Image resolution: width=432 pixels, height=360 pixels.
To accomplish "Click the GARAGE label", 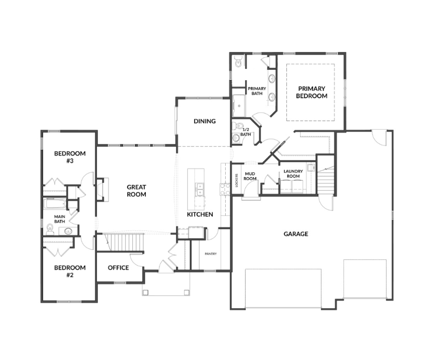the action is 296,234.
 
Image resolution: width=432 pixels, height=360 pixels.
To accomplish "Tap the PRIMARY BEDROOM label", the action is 311,92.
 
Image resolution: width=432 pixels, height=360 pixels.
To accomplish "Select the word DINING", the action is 204,121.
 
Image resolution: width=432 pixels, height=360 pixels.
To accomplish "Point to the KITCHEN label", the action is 200,214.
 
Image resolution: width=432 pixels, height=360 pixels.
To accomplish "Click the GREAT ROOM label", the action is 137,191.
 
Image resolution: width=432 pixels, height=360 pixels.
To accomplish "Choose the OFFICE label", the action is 118,268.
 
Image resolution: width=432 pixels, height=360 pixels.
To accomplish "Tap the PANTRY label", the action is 211,254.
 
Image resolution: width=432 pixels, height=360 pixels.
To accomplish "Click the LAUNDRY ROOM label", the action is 293,174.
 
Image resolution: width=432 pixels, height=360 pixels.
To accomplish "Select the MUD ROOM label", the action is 250,176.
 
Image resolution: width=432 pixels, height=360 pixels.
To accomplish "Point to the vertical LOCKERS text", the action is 237,180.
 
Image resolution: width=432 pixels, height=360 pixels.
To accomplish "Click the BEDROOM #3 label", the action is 70,157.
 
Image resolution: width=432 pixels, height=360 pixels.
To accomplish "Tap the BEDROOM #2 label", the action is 70,271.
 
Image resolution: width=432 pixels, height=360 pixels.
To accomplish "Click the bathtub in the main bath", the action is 55,204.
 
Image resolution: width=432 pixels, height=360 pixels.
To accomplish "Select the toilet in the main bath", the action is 50,229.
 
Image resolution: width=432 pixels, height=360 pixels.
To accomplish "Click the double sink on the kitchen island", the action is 200,189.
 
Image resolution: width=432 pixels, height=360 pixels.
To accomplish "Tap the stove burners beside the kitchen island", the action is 225,189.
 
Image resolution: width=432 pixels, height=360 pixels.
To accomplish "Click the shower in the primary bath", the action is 239,105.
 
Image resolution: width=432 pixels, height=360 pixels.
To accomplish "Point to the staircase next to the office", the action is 124,242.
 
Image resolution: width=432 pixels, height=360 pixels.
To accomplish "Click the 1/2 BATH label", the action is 246,132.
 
